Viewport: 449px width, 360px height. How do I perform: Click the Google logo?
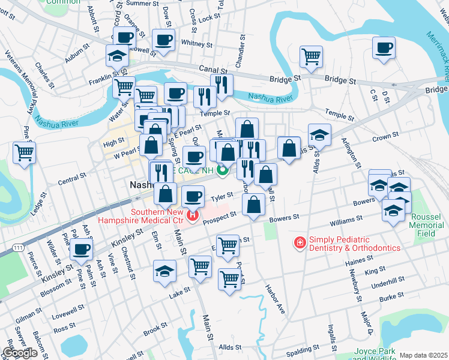(x=20, y=353)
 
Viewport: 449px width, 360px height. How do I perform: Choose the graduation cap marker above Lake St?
(x=164, y=271)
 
